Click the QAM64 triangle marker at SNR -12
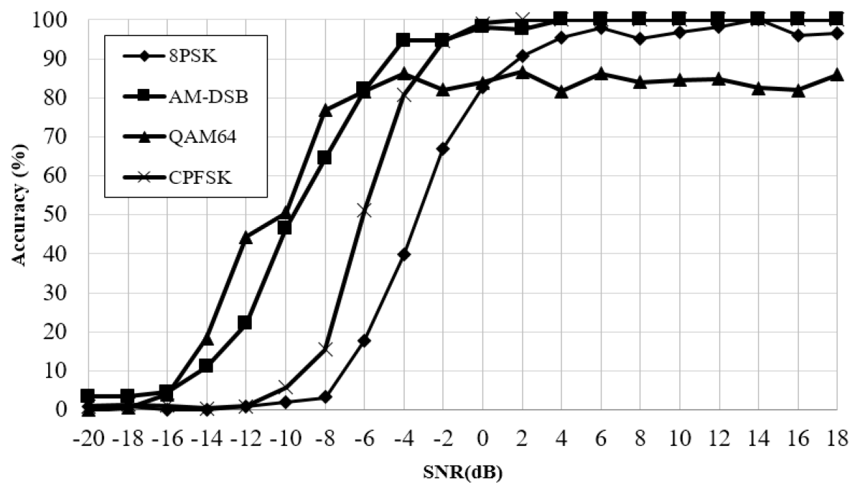pos(246,237)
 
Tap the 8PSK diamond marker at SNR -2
pos(443,149)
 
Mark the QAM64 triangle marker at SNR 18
pos(836,75)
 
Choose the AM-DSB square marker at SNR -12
pos(246,322)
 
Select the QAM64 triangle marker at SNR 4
pos(561,91)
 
